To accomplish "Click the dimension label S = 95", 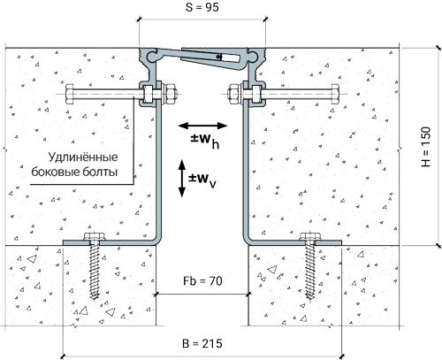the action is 202,7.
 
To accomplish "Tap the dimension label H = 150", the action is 425,147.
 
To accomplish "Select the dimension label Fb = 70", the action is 202,281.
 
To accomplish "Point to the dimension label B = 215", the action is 202,343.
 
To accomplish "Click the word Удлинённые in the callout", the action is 83,157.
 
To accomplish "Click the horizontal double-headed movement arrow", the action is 202,126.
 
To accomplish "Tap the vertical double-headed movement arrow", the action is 182,179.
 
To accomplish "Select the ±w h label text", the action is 205,141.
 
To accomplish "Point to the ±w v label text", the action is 202,180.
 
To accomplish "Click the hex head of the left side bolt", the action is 70,94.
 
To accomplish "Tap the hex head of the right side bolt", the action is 335,94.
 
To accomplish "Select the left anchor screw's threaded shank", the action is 95,270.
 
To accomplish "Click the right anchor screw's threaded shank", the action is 310,270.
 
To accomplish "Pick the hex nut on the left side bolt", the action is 171,94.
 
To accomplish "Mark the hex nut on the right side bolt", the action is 234,94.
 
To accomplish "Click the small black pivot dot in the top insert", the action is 218,57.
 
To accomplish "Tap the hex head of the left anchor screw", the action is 95,236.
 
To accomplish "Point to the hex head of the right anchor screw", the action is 310,236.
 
